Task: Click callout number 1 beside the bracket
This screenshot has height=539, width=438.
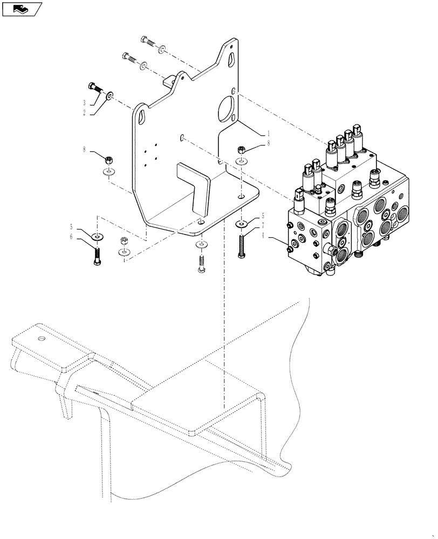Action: pyautogui.click(x=268, y=132)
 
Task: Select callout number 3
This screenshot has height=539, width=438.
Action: pyautogui.click(x=84, y=102)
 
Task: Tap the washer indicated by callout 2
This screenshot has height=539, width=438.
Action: pyautogui.click(x=110, y=96)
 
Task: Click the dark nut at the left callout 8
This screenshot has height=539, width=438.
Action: pyautogui.click(x=108, y=160)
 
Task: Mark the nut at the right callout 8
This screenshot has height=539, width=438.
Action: pyautogui.click(x=241, y=149)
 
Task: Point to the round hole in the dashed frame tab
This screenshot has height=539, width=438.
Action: pyautogui.click(x=41, y=339)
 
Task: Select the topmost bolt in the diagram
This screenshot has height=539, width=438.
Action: pyautogui.click(x=148, y=40)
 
